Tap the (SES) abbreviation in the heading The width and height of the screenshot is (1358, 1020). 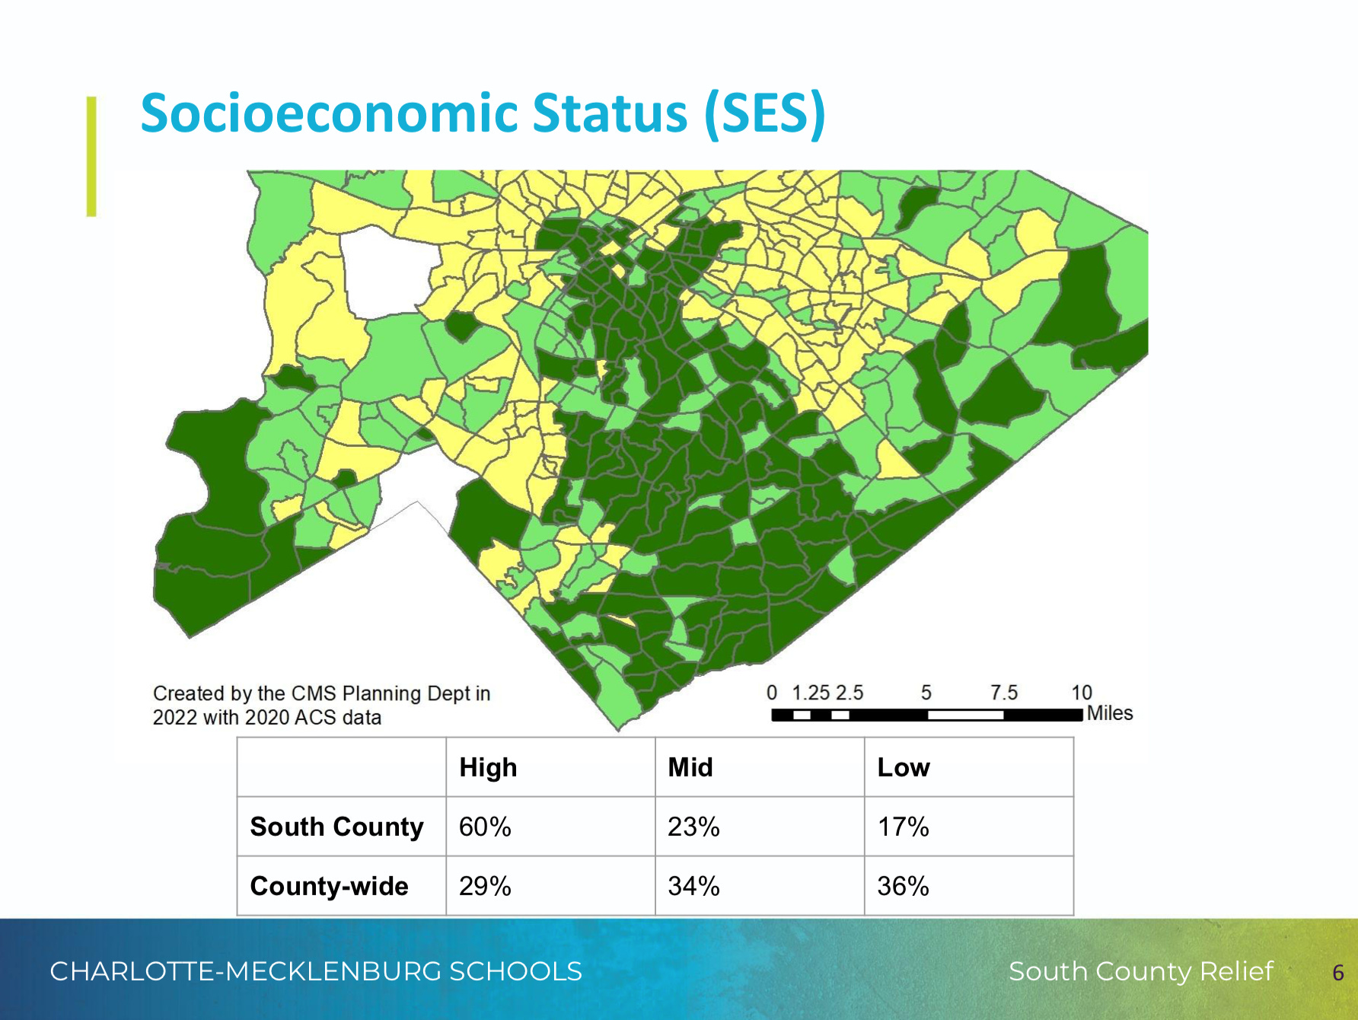tap(764, 113)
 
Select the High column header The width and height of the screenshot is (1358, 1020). tap(488, 767)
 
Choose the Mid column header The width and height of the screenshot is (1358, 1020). tap(690, 767)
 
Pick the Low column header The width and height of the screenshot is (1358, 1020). tap(903, 767)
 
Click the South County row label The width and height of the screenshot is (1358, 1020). tap(336, 827)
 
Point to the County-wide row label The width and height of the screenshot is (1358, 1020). tap(329, 886)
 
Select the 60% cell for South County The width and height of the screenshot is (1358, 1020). tap(485, 827)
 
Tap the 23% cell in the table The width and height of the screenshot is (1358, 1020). tap(693, 827)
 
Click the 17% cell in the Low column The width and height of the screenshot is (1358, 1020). tap(903, 827)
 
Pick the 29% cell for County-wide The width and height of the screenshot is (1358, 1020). tap(485, 886)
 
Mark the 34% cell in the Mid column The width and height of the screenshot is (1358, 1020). tap(693, 886)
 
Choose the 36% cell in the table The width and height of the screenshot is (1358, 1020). tap(903, 886)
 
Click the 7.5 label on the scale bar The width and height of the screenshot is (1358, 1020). tap(1003, 693)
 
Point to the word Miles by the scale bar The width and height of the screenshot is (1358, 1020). tap(1109, 713)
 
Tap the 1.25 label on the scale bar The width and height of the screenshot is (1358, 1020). tap(810, 693)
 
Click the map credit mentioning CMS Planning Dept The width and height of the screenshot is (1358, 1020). tap(321, 705)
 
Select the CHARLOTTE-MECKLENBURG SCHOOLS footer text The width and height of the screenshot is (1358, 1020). tap(316, 971)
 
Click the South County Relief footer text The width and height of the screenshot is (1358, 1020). tap(1140, 971)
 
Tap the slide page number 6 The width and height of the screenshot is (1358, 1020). tap(1337, 972)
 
